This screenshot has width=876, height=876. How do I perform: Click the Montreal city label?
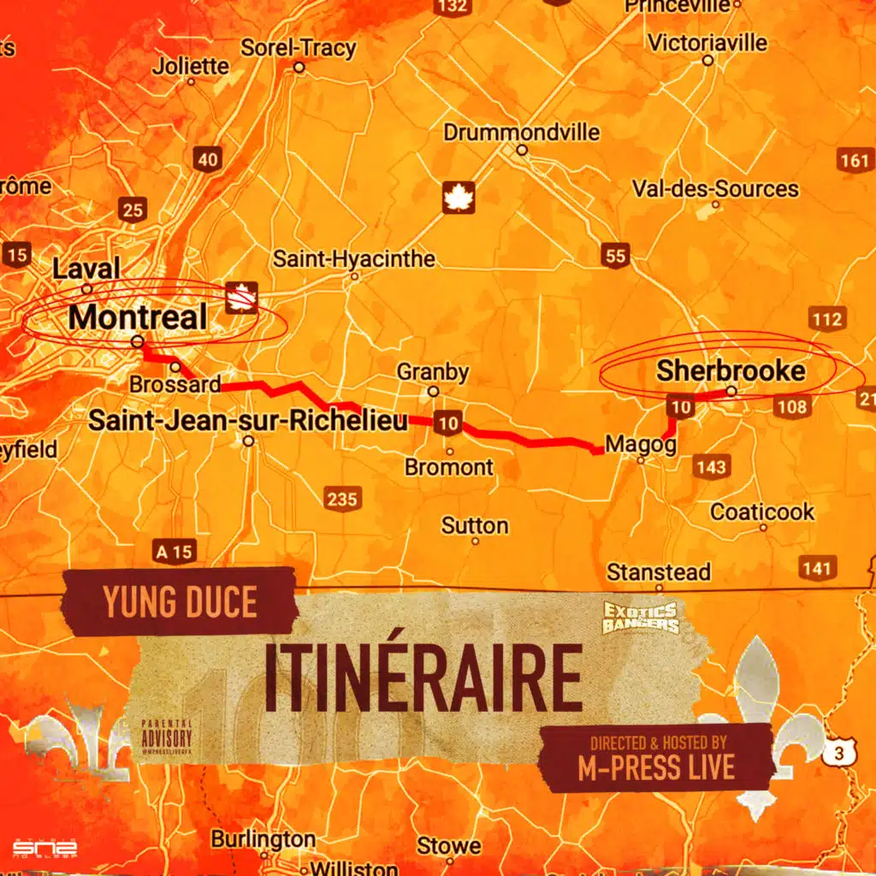pos(138,317)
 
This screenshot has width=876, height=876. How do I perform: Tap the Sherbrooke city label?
pos(731,370)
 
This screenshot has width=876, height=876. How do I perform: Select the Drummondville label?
pos(521,133)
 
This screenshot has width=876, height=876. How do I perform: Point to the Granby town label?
pos(433,372)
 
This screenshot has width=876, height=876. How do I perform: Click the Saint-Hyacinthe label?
pos(354,258)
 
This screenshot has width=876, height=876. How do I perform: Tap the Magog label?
pos(641,444)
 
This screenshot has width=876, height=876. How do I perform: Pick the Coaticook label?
pos(762,512)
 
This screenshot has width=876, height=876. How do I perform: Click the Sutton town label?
pos(475,525)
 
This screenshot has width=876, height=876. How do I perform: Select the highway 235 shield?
pos(341,499)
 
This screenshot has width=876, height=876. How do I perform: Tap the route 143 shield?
pos(711,466)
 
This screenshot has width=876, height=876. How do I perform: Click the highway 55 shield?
pos(614,255)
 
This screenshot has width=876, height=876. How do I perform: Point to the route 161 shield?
pos(854,160)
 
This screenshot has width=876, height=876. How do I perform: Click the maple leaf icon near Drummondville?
pos(459,198)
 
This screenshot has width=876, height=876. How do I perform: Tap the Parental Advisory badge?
pos(167,737)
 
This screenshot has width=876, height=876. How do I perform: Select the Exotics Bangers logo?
pos(641,617)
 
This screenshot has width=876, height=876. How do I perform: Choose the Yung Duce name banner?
pos(180,601)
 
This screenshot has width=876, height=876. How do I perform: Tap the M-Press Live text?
pos(656,767)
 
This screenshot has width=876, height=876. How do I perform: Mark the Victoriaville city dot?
pos(707,61)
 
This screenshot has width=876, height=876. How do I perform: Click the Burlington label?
pos(263,838)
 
